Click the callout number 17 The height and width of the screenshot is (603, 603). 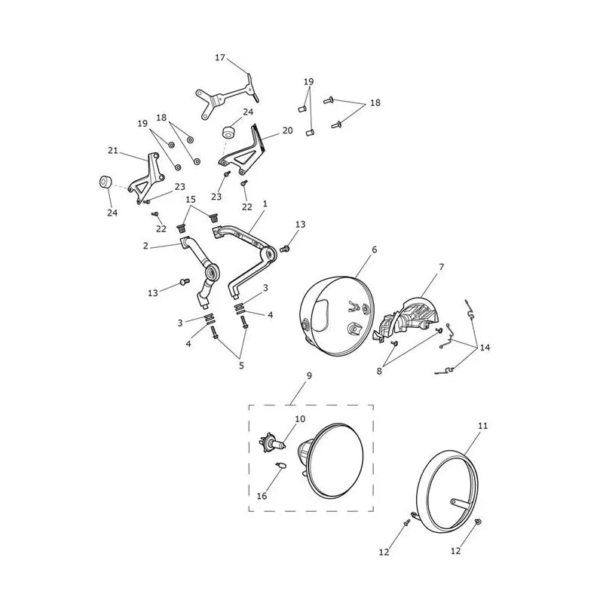(219, 58)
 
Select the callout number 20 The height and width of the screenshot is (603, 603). (288, 130)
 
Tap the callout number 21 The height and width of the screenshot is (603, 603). (112, 150)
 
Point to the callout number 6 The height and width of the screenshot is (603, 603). (374, 249)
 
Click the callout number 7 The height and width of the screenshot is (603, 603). (441, 267)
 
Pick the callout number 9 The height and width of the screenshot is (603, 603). (309, 375)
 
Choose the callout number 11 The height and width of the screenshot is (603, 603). (482, 426)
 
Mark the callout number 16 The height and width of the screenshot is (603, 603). (262, 496)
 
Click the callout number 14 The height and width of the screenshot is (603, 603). (485, 347)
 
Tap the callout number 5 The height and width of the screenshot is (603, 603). (241, 365)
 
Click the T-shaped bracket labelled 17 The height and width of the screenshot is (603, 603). (228, 96)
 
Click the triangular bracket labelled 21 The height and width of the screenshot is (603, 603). (148, 179)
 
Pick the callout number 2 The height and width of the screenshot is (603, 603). (145, 246)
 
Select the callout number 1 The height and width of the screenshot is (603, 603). (265, 204)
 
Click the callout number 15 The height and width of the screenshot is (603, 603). (191, 199)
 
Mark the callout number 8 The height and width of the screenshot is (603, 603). (379, 372)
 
